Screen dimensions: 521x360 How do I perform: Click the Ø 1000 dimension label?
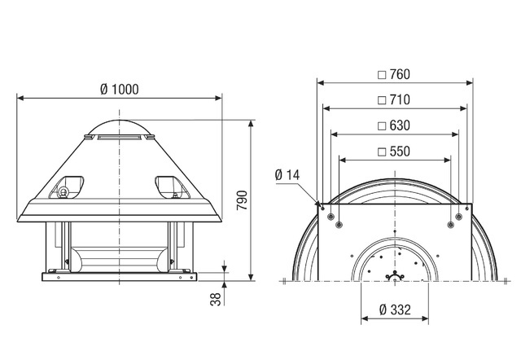click(120, 89)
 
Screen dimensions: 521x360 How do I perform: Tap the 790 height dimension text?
click(242, 200)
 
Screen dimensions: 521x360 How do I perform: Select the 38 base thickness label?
click(216, 299)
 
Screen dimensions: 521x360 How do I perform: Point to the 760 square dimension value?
click(400, 74)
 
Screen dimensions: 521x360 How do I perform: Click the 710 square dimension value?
click(400, 99)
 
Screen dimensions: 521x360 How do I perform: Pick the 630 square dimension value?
click(400, 125)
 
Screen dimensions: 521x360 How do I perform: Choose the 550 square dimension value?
click(400, 151)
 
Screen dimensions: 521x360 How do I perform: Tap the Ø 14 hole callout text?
click(287, 175)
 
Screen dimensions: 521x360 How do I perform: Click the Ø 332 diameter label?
click(395, 310)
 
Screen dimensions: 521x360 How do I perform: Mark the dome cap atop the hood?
click(120, 127)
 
